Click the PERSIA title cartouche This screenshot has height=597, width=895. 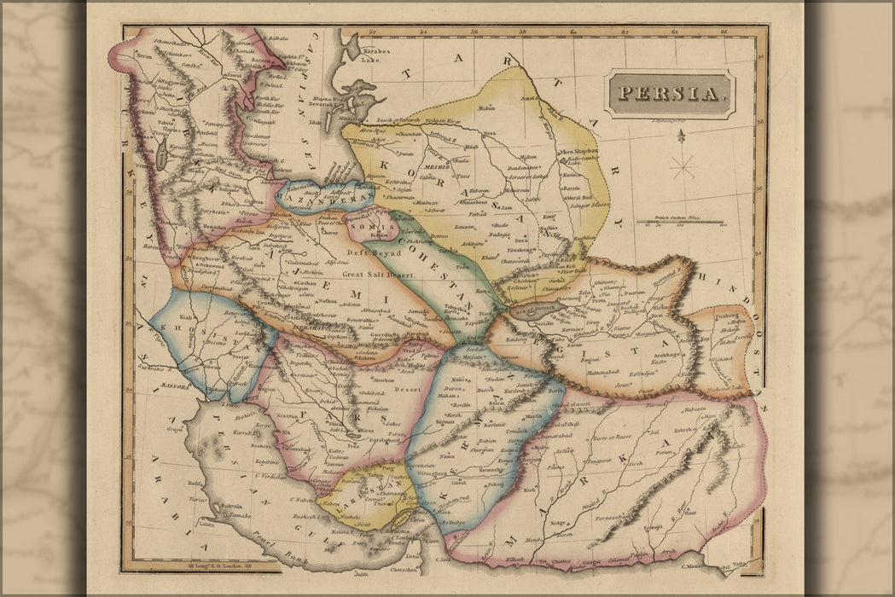point(669,94)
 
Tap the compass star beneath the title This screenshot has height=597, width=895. point(682,164)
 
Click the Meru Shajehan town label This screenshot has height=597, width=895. point(577,152)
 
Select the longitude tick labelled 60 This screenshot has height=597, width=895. point(573,34)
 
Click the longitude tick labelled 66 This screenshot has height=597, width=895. point(724,34)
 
